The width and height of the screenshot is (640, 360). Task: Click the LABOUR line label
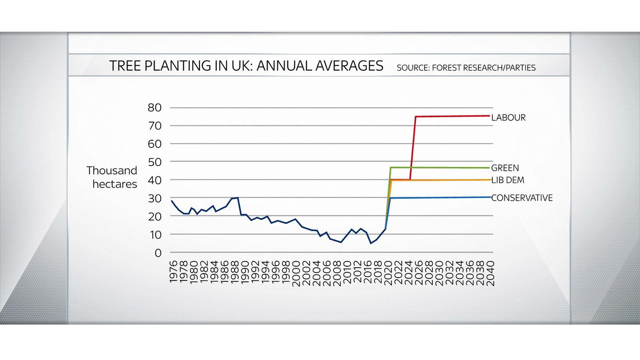508,118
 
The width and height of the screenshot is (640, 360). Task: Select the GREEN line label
505,168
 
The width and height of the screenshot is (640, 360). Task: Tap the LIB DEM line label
508,180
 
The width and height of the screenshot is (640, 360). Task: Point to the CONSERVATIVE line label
522,198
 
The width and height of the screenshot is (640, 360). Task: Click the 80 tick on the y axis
154,108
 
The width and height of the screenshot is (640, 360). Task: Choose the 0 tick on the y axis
158,253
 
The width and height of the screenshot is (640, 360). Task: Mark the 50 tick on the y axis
154,162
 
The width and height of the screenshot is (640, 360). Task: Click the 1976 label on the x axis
173,272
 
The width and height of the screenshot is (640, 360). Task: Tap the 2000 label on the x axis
296,273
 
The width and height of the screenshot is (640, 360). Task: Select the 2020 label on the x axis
388,273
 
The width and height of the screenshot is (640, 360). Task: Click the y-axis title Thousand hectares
112,177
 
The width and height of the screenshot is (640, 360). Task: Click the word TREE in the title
125,66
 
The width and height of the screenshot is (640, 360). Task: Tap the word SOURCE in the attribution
412,68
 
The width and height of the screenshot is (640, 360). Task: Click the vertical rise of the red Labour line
413,148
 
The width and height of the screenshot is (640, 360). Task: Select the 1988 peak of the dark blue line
238,198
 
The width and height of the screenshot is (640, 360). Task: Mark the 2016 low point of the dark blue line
371,243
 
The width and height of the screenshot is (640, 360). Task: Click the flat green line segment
440,168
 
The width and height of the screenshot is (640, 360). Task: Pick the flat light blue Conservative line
440,198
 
